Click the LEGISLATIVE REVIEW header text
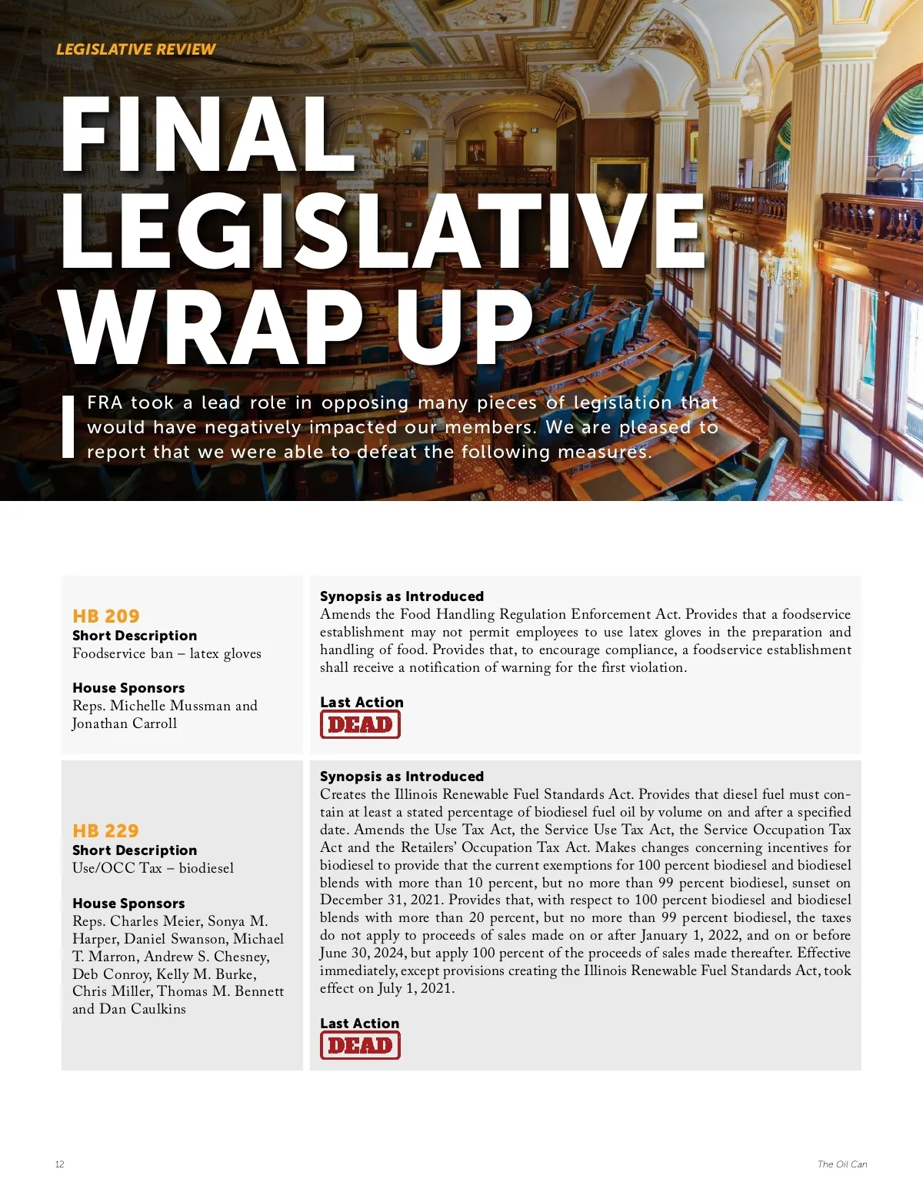[135, 49]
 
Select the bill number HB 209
[106, 616]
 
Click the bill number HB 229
[106, 830]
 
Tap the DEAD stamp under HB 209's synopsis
[360, 724]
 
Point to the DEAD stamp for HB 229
[360, 1045]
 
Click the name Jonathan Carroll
[125, 723]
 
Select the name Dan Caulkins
[142, 1009]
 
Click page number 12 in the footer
[60, 1164]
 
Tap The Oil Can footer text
[842, 1164]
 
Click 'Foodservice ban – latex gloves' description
[167, 653]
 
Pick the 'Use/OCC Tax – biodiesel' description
[153, 868]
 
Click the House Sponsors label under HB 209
[128, 688]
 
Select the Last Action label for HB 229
[359, 1024]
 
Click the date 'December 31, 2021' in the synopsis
[381, 900]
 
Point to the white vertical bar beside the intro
[68, 426]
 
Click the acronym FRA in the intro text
[105, 402]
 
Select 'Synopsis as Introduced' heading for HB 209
[402, 596]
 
